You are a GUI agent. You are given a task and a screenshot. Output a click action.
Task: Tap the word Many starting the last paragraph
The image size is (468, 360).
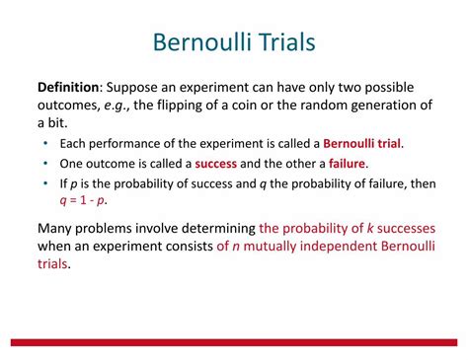(58, 228)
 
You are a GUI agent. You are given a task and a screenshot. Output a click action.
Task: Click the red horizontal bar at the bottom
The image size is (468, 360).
(234, 341)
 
